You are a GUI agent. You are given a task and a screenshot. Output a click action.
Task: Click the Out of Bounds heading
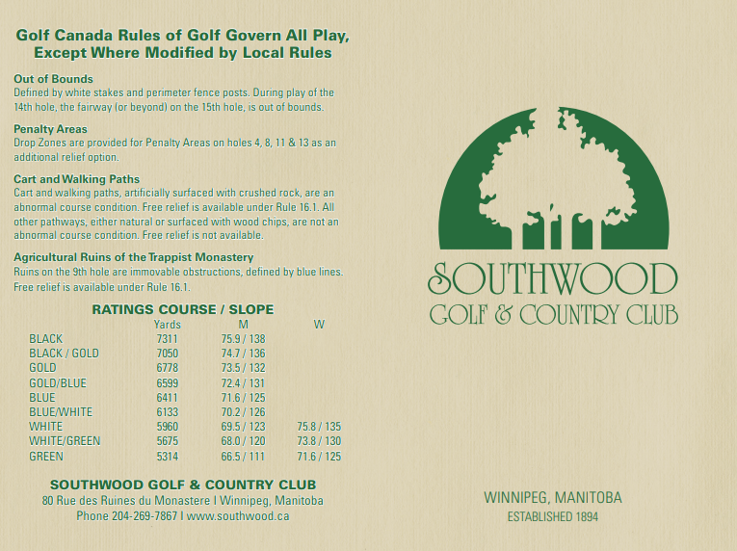pos(53,79)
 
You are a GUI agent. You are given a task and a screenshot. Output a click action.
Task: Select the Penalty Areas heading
pos(50,129)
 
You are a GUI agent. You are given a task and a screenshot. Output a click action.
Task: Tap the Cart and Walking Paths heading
pos(76,179)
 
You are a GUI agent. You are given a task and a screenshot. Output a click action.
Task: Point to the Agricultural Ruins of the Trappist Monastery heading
pos(133,257)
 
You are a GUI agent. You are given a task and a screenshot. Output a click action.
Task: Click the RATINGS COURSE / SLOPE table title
pos(182,309)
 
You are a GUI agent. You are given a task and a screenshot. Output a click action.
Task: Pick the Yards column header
pos(167,325)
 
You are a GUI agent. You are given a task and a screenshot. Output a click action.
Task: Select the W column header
pos(319,325)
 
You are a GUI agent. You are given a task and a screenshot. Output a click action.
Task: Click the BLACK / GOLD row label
pos(64,354)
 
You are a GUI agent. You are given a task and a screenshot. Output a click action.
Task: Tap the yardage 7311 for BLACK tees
pos(167,339)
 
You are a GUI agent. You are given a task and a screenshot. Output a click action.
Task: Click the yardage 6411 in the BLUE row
pos(167,397)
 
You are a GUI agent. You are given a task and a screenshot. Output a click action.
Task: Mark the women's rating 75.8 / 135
pos(320,427)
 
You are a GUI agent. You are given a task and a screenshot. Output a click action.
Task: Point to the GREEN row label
pos(46,457)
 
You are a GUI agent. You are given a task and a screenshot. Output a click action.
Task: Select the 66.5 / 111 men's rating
pos(243,457)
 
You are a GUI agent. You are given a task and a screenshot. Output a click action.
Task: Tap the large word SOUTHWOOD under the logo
pos(553,279)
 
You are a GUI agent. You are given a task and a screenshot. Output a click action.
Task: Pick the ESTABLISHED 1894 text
pos(553,517)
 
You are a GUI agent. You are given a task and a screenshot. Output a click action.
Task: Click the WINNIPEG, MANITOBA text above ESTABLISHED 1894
pos(553,498)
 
